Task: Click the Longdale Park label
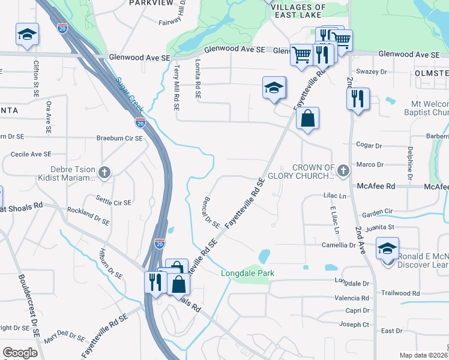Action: pyautogui.click(x=247, y=273)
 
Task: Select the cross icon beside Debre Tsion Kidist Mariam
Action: pyautogui.click(x=104, y=173)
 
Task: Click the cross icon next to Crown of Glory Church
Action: pyautogui.click(x=343, y=172)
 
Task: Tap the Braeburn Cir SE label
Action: pyautogui.click(x=120, y=138)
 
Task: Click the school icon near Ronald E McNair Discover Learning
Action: pyautogui.click(x=387, y=248)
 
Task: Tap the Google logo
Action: pyautogui.click(x=20, y=353)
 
